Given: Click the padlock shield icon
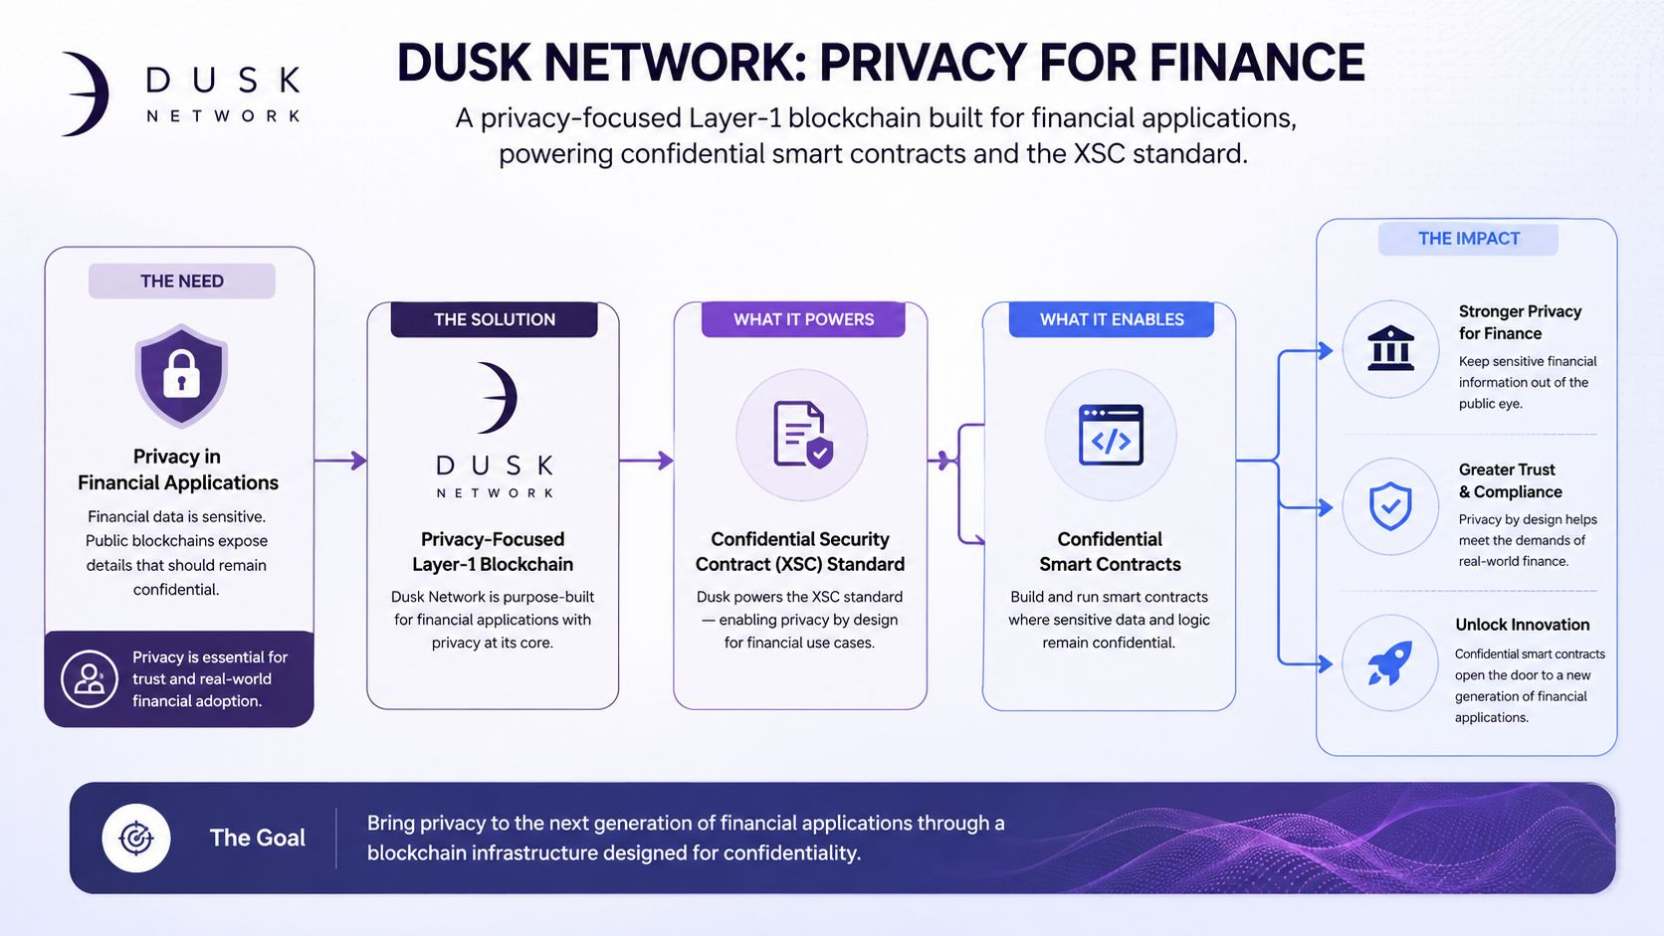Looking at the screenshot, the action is (181, 375).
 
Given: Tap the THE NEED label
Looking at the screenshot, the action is (182, 281).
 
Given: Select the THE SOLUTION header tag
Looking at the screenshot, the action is (494, 320).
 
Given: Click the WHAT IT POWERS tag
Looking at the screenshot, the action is (803, 320).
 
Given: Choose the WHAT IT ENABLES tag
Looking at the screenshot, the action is (1112, 320).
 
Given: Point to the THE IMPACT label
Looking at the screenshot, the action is (1469, 239).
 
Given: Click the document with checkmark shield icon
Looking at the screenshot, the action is (802, 435).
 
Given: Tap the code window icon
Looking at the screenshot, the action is (1111, 435).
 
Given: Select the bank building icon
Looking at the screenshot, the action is (1390, 348).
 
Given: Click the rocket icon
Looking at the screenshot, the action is (1390, 662).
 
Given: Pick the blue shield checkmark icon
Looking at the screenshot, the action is (1390, 506).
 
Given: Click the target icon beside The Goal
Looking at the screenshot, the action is (136, 838).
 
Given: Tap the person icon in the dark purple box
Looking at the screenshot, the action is (90, 679).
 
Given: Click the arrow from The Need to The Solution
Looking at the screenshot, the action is (340, 461).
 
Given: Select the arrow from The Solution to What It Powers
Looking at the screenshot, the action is (646, 461).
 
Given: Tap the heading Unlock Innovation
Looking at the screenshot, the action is (1522, 625).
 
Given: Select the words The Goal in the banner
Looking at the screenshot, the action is (257, 838).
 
